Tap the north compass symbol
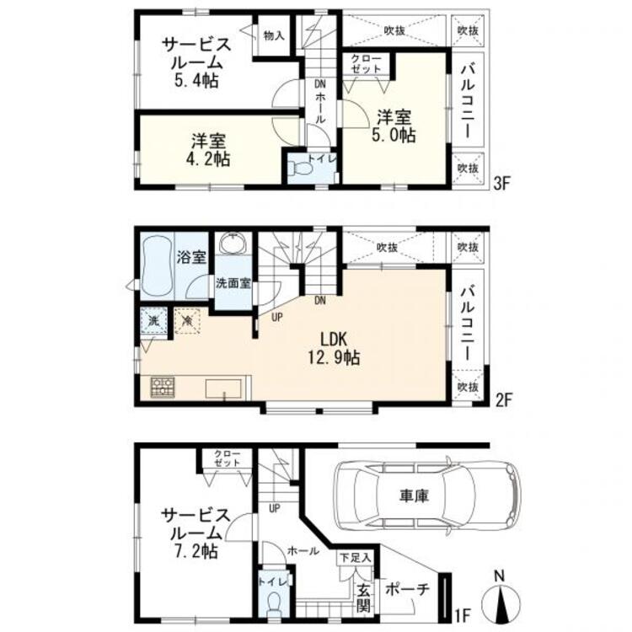(x=500, y=597)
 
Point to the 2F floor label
(x=502, y=400)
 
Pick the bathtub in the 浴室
(x=158, y=265)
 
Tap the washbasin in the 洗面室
(x=233, y=244)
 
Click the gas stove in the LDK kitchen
(x=163, y=387)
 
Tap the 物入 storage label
(x=274, y=35)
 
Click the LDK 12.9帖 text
(x=334, y=349)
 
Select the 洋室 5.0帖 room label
(x=394, y=126)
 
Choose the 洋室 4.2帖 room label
(x=208, y=150)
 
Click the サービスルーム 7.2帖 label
(x=195, y=533)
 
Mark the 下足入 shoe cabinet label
(x=355, y=558)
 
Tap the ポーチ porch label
(x=407, y=589)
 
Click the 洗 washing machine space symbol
(x=153, y=321)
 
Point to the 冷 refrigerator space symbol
(x=187, y=321)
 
